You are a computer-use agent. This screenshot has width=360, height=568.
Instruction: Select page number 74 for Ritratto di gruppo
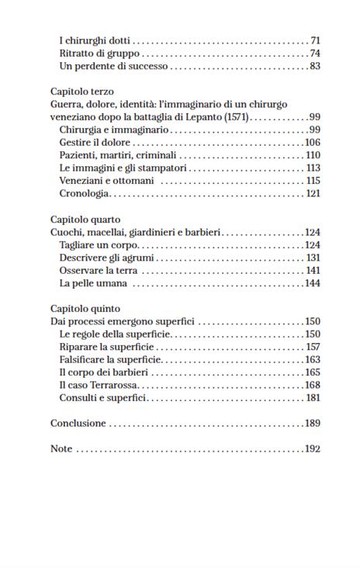(x=314, y=54)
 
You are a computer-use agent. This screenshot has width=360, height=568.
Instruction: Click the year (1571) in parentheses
(x=236, y=116)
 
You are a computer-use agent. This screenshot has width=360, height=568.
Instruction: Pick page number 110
(x=313, y=155)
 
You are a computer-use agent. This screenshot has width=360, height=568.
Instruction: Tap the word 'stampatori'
(x=161, y=168)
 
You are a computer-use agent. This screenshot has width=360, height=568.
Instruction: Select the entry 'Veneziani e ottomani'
(x=106, y=181)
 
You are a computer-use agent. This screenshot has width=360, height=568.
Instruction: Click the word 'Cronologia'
(x=85, y=193)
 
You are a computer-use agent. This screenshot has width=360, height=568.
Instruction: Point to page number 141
(x=313, y=270)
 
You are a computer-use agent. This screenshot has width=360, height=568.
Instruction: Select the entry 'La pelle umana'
(x=93, y=283)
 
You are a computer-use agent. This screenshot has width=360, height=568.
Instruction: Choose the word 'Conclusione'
(x=78, y=424)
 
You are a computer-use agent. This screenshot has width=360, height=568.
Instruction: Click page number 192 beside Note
(x=312, y=449)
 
